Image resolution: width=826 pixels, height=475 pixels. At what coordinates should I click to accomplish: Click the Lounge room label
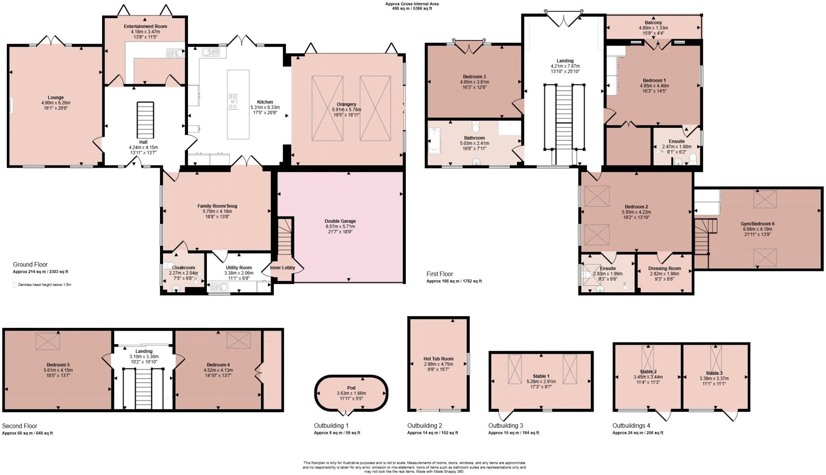tap(56, 98)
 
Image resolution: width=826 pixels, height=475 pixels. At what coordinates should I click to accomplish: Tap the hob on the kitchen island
tap(233, 101)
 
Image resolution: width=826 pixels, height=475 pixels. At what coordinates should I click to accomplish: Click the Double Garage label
tap(340, 221)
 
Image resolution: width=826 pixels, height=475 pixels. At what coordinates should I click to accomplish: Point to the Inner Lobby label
tap(282, 268)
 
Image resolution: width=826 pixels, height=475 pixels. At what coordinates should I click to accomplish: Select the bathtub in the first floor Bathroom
tap(434, 141)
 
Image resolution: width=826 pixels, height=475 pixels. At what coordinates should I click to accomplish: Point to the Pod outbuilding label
tap(351, 388)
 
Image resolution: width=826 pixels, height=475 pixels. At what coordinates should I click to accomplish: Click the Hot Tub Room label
tap(438, 358)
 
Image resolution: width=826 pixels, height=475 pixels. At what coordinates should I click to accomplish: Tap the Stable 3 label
tap(714, 373)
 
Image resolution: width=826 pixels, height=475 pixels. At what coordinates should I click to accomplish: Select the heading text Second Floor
tap(19, 426)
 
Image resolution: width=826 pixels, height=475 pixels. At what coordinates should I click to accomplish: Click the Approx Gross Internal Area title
tap(412, 4)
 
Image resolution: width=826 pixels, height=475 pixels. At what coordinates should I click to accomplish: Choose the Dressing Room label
tap(664, 268)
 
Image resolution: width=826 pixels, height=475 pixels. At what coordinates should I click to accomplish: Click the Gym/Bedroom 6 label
tap(757, 224)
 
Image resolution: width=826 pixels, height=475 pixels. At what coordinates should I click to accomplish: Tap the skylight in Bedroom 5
tap(48, 341)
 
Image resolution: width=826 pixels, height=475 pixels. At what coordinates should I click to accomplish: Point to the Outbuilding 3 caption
tap(505, 425)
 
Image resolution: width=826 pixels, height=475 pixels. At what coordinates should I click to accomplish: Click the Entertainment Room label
tap(145, 26)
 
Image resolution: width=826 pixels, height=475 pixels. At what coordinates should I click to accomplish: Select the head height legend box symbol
tap(15, 285)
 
